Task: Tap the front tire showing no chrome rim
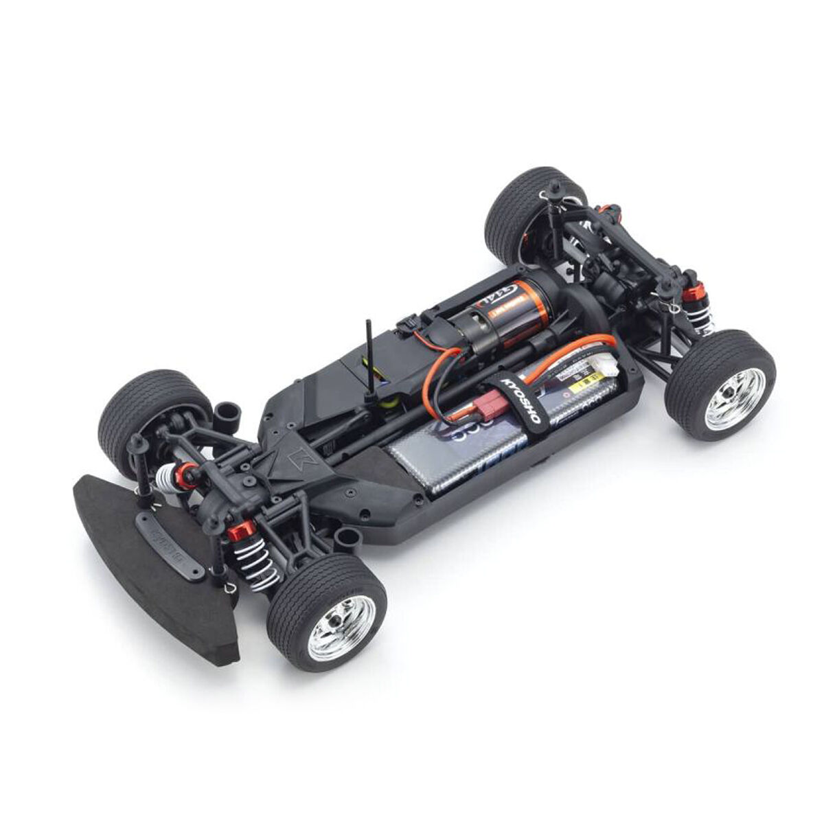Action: point(141,412)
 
